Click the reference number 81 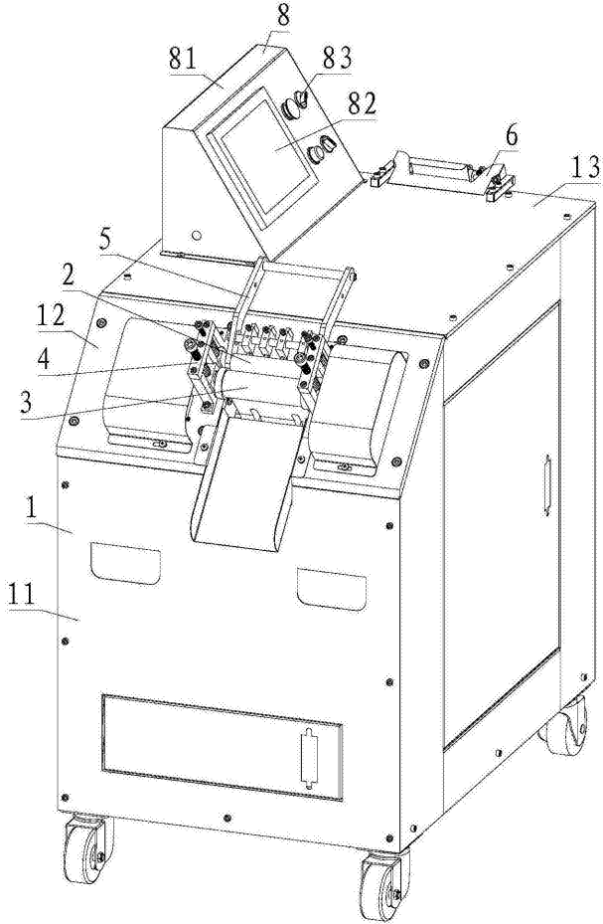[183, 60]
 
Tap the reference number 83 [337, 58]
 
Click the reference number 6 [512, 135]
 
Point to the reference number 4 [43, 358]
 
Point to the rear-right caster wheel [564, 725]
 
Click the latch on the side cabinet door [546, 485]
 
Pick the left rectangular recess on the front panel [125, 564]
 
